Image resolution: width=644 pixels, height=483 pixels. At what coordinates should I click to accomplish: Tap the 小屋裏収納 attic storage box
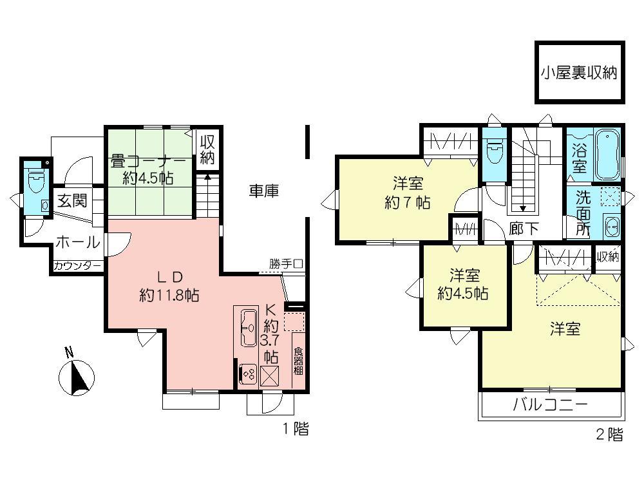(x=579, y=72)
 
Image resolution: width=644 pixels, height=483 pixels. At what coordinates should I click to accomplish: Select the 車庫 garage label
(x=264, y=191)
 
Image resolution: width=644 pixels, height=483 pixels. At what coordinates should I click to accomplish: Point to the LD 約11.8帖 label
(x=169, y=286)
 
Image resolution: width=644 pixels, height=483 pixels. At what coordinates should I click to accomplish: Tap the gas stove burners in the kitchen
(x=248, y=374)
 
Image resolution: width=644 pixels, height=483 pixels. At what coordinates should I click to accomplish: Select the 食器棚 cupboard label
(x=298, y=361)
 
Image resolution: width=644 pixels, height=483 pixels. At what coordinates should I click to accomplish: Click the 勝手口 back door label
(x=286, y=263)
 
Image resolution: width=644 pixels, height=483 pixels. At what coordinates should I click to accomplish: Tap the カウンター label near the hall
(x=77, y=265)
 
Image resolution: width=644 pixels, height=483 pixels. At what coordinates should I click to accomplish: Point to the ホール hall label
(x=77, y=243)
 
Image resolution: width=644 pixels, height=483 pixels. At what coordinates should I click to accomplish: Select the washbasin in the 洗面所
(x=611, y=227)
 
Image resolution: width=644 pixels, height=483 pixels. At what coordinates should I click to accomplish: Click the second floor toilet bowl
(x=495, y=153)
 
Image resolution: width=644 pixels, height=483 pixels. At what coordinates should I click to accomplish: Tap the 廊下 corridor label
(x=524, y=229)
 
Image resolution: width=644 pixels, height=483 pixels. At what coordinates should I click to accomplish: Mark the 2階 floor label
(x=610, y=435)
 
